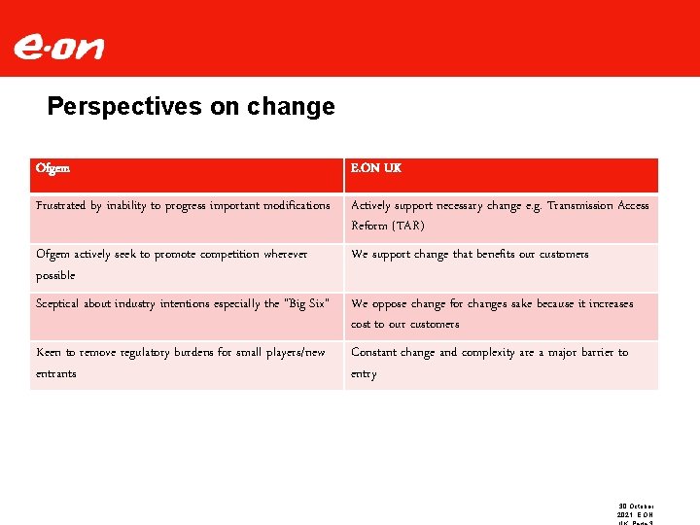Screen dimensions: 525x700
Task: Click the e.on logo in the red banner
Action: pos(58,47)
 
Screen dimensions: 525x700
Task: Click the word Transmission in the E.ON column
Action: pos(580,206)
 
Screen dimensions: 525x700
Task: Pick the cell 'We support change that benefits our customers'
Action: pos(470,255)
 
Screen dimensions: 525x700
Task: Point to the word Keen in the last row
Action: pos(50,353)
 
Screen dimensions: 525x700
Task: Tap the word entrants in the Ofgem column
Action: pos(56,374)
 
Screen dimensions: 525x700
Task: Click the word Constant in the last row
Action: pos(375,353)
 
